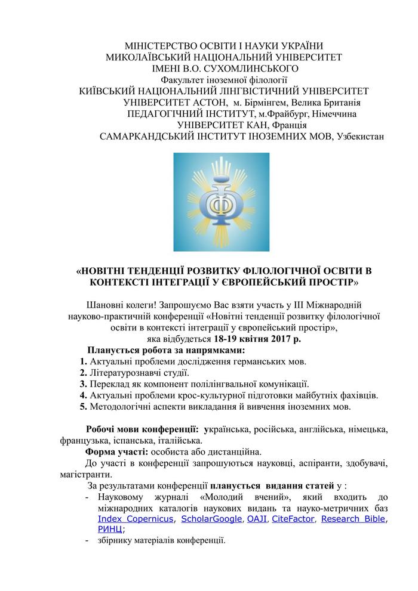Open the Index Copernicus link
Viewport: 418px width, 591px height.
point(136,519)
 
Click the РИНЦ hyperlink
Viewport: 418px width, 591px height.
point(109,530)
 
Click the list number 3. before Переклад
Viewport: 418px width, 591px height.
point(84,384)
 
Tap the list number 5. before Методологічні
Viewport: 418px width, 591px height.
point(84,407)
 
